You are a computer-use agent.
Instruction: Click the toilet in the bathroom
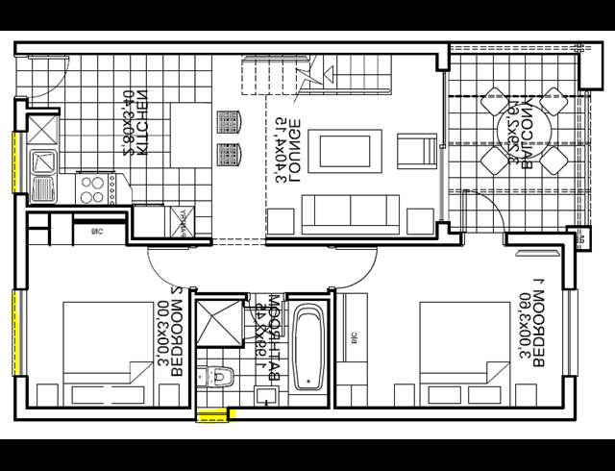tap(218, 377)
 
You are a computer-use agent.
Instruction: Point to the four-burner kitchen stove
tap(93, 187)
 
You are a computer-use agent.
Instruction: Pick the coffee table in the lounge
tap(343, 150)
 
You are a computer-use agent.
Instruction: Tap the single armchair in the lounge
tap(416, 152)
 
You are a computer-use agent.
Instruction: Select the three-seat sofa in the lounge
tap(350, 211)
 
